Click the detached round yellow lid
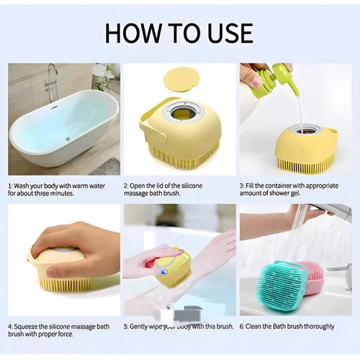click(181, 80)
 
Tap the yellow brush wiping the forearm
click(175, 267)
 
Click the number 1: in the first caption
click(11, 185)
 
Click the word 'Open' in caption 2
click(143, 185)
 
